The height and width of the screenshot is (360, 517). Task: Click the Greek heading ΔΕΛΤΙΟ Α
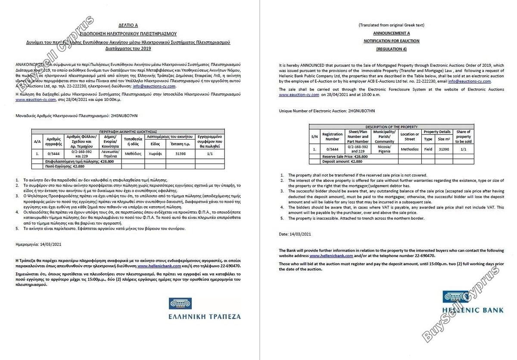click(128, 25)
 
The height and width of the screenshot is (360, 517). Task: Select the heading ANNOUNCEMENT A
click(391, 33)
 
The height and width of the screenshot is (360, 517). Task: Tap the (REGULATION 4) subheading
click(391, 49)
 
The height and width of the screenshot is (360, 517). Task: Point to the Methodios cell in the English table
click(409, 149)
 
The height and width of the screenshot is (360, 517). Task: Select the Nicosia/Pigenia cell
click(384, 149)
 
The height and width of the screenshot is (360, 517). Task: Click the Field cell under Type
click(428, 149)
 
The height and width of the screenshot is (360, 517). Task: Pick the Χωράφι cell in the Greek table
click(156, 152)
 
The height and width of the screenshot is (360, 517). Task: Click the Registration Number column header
click(332, 137)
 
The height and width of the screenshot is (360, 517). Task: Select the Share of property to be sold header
click(463, 137)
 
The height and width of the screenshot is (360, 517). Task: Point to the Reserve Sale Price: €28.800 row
click(345, 156)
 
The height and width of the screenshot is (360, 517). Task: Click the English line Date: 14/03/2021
click(295, 234)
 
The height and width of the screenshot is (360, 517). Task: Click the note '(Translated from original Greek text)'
click(391, 25)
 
